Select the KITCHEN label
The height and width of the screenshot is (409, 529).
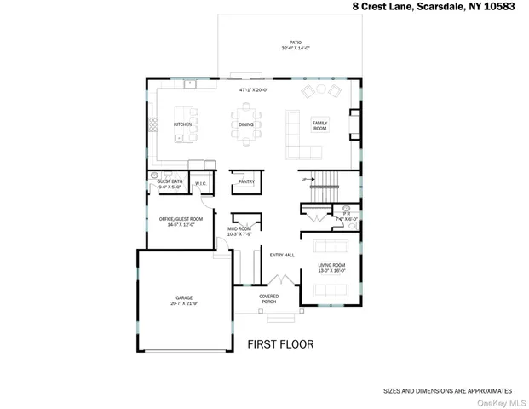pyautogui.click(x=183, y=124)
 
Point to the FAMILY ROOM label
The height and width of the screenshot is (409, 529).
pyautogui.click(x=319, y=124)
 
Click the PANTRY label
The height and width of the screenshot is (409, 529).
pyautogui.click(x=246, y=181)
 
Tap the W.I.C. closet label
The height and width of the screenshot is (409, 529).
pyautogui.click(x=201, y=183)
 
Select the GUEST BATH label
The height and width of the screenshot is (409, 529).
pyautogui.click(x=170, y=181)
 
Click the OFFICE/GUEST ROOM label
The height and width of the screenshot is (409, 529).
pyautogui.click(x=180, y=219)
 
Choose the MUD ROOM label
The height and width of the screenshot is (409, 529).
pyautogui.click(x=239, y=228)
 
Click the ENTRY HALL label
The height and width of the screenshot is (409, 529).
pyautogui.click(x=282, y=255)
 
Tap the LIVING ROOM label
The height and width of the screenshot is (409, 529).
pyautogui.click(x=331, y=266)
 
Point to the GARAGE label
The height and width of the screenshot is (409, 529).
pyautogui.click(x=183, y=298)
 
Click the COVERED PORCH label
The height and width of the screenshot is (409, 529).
pyautogui.click(x=269, y=298)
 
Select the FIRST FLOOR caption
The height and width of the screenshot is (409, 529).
pyautogui.click(x=280, y=345)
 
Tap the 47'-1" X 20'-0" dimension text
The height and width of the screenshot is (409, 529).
pyautogui.click(x=254, y=89)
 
